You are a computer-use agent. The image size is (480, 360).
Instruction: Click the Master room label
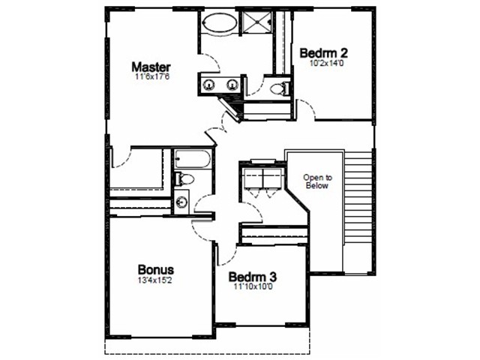tap(151, 67)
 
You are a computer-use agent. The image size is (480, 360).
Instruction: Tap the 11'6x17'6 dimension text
tap(152, 76)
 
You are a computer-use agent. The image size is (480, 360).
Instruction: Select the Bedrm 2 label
tap(323, 53)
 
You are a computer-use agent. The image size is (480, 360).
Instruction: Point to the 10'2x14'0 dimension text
tap(326, 63)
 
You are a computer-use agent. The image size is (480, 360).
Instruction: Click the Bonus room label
tap(156, 270)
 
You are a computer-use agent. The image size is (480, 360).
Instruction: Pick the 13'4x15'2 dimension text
tap(155, 280)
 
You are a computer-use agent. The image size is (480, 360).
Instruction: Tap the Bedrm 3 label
tap(253, 277)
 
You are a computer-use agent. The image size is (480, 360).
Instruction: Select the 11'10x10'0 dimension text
tap(253, 286)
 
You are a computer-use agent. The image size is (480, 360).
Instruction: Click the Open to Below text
tap(317, 181)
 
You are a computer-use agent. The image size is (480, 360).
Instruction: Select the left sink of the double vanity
tap(209, 85)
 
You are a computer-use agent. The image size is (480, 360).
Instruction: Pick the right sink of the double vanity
tap(232, 85)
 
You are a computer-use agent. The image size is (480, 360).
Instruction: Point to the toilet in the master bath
tap(280, 88)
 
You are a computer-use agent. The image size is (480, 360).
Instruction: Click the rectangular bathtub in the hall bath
tap(193, 158)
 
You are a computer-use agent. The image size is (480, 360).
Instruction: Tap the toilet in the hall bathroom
tap(184, 179)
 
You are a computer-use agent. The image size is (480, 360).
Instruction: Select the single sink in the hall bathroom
tap(181, 202)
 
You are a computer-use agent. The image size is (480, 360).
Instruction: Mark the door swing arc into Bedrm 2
tap(307, 108)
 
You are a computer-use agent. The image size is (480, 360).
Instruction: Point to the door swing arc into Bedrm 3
tap(229, 257)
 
